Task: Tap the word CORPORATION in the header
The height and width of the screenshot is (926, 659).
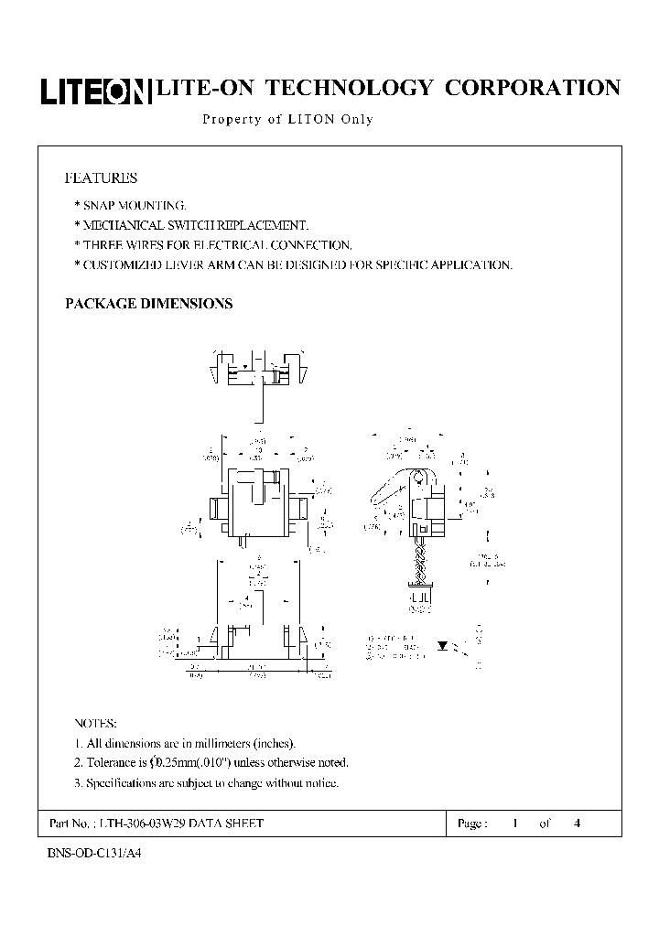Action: tap(532, 88)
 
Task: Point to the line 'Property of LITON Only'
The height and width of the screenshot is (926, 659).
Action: tap(286, 120)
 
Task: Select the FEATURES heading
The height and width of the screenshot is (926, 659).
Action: tap(101, 178)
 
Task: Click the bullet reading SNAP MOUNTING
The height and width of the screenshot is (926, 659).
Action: tap(134, 205)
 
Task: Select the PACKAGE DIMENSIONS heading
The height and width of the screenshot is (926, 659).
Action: tap(148, 304)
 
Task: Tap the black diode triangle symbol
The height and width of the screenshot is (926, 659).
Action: tap(443, 645)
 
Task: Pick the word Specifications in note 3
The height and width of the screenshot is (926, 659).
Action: tap(122, 783)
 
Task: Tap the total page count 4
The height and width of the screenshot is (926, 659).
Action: tap(577, 824)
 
